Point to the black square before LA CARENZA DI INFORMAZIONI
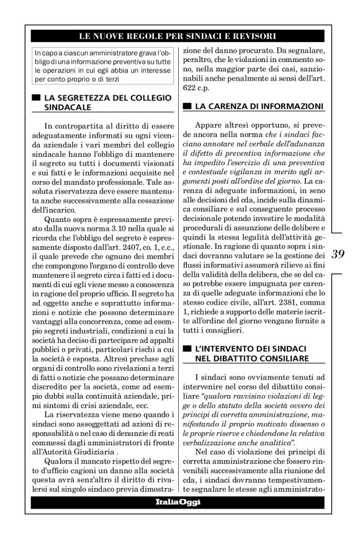pos(187,106)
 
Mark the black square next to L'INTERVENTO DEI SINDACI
pos(187,350)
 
